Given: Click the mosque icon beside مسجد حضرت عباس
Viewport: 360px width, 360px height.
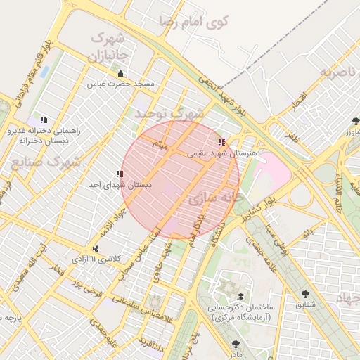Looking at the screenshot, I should pyautogui.click(x=120, y=74).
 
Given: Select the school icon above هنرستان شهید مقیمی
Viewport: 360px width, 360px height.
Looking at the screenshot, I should pyautogui.click(x=222, y=142).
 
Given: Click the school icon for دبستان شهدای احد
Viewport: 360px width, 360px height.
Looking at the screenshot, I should pyautogui.click(x=120, y=174).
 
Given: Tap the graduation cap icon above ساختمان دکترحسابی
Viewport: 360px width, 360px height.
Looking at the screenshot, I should pyautogui.click(x=241, y=297).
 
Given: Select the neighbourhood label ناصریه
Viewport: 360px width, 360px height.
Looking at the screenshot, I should pyautogui.click(x=335, y=72).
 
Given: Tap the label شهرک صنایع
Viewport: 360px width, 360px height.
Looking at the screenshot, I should pyautogui.click(x=45, y=162).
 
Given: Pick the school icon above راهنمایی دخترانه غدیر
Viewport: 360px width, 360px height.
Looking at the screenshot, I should pyautogui.click(x=44, y=120).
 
